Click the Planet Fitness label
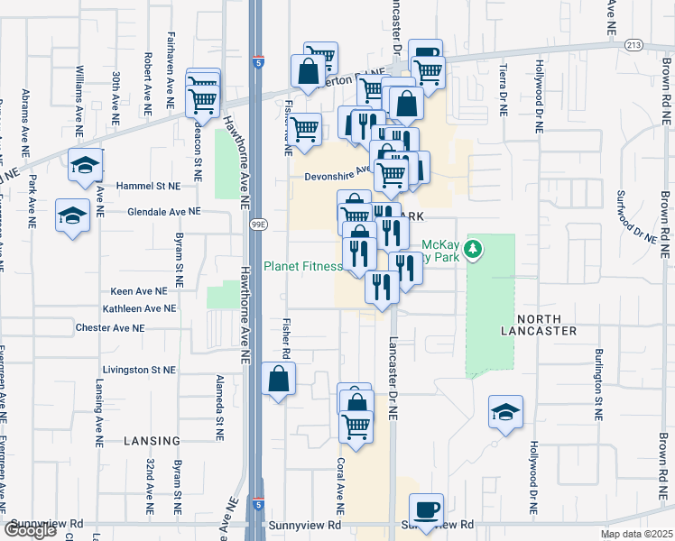pos(303,266)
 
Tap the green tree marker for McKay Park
pos(476,249)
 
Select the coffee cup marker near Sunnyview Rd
pos(427,509)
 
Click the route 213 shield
pos(633,43)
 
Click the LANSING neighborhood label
pos(153,440)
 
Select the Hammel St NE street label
pos(149,185)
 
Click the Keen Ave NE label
pos(139,291)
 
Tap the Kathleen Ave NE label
pos(139,308)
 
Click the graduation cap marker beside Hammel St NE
pos(86,164)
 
